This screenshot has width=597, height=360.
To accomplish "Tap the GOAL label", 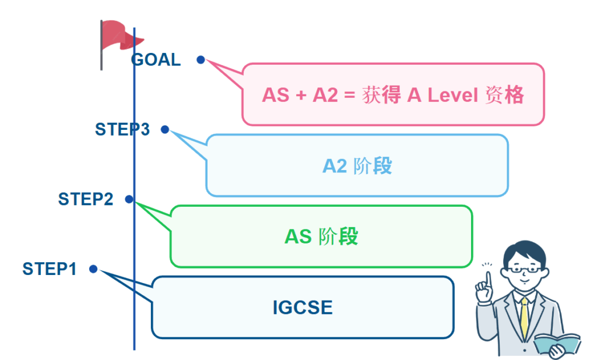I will [x=156, y=59].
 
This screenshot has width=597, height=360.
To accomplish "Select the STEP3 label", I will [x=122, y=129].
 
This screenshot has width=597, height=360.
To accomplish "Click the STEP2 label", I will [x=86, y=199].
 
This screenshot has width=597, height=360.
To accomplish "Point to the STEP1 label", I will [x=50, y=269].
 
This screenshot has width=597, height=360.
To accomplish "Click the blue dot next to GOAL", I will [x=201, y=59].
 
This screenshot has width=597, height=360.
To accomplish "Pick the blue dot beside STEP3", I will [x=165, y=129].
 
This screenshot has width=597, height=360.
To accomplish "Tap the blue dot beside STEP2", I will [x=128, y=199].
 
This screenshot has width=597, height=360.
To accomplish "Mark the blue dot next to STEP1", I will [x=93, y=269].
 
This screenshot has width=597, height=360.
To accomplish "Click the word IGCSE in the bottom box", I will [x=303, y=308].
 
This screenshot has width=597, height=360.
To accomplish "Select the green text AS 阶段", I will [x=321, y=237].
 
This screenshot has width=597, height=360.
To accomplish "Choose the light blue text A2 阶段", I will [x=357, y=166].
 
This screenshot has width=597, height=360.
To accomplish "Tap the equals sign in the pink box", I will [x=349, y=95].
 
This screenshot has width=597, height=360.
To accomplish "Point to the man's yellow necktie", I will [x=525, y=318].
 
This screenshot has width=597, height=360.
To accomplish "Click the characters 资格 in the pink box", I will [x=504, y=95].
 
